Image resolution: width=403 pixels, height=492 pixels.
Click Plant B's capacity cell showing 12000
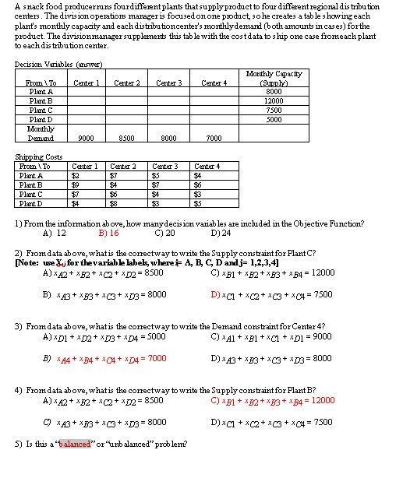coord(274,101)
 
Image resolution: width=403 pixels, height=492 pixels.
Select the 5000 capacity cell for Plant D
coord(274,120)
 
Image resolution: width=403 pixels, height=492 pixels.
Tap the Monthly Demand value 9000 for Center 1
coord(87,139)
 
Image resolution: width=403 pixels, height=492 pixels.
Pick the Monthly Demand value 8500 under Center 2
coord(128,139)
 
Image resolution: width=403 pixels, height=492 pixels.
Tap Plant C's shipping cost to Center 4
coord(198,194)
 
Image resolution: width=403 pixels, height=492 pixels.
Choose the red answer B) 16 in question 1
coord(108,232)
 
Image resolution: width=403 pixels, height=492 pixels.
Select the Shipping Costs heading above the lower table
coord(39,157)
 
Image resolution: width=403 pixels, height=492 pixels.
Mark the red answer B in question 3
coord(104,358)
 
